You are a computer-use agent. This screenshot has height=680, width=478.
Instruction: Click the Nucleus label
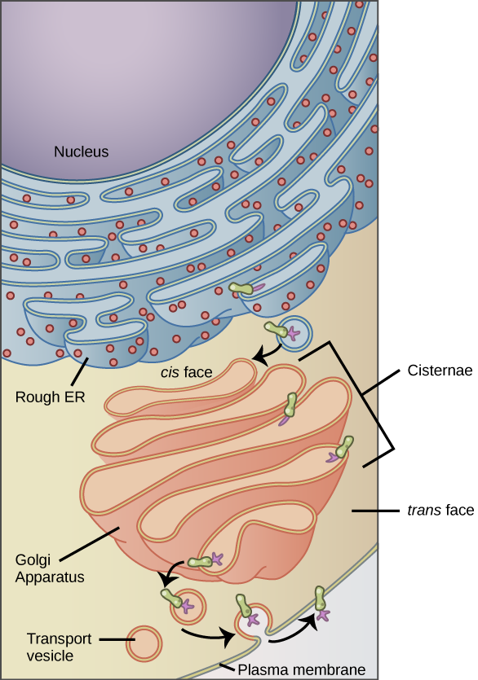(x=82, y=151)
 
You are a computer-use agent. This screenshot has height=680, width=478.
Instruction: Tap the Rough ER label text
(x=50, y=397)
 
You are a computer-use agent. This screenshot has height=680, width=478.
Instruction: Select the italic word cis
(x=170, y=372)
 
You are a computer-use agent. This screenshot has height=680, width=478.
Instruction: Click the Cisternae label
(x=440, y=371)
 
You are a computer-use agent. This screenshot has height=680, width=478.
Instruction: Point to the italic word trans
(x=424, y=510)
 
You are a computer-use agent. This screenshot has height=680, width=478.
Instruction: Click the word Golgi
(x=33, y=560)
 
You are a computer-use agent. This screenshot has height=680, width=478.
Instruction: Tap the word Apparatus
(x=50, y=577)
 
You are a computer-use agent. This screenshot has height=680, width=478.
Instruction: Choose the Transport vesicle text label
(x=59, y=647)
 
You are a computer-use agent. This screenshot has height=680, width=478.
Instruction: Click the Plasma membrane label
(x=302, y=669)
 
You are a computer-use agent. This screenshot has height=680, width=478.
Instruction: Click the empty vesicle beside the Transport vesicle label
(x=144, y=643)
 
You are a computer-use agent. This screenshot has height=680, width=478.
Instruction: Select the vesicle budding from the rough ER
(x=295, y=333)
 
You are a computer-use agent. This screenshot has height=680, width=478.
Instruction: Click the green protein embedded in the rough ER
(x=241, y=288)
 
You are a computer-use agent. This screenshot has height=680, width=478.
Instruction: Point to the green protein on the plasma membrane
(x=320, y=598)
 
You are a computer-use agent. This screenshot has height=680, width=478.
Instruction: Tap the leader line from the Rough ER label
(x=80, y=371)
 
